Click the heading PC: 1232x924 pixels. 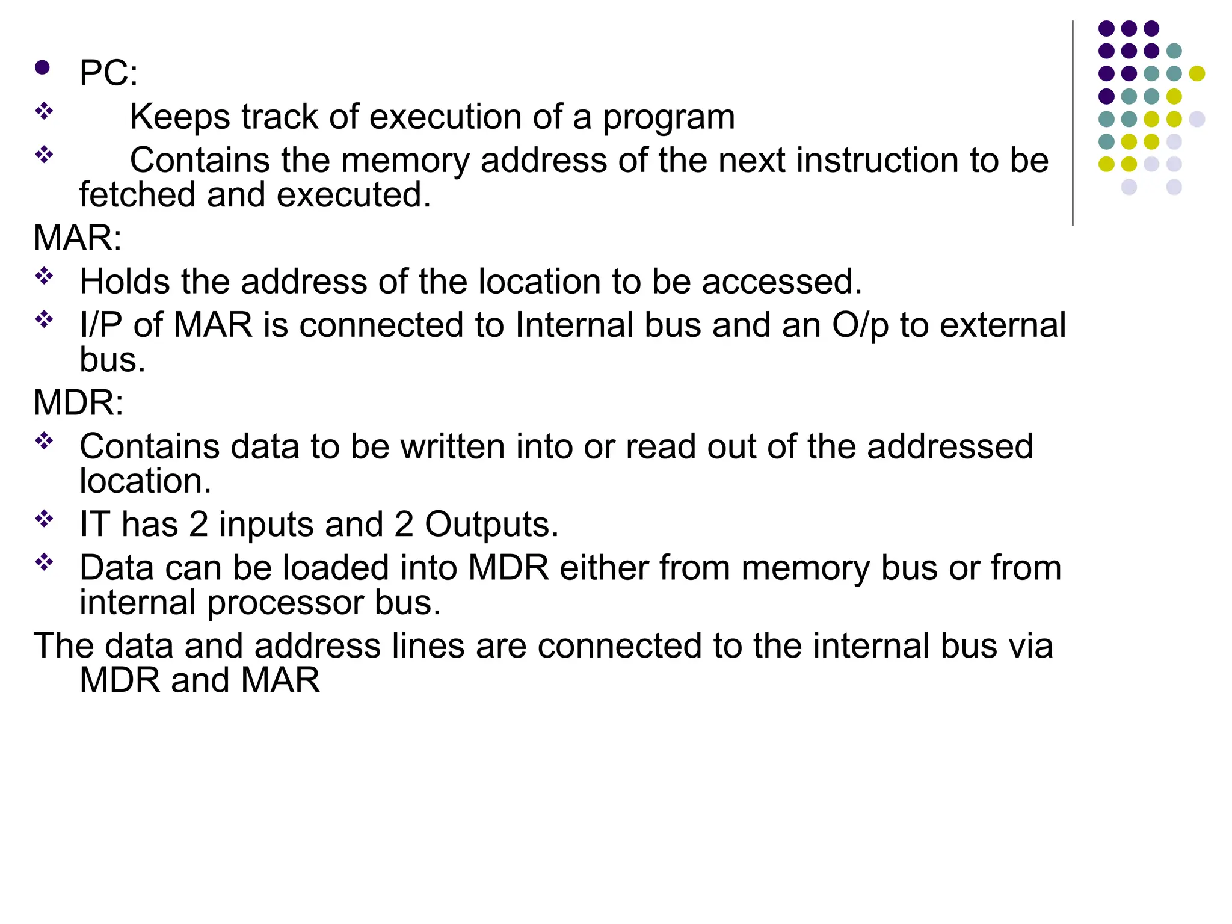click(x=108, y=73)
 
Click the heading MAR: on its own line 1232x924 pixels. click(x=78, y=238)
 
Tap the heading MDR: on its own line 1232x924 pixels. click(x=78, y=402)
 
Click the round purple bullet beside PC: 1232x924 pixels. click(x=42, y=67)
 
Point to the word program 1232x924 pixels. click(x=668, y=117)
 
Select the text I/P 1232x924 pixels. click(x=100, y=325)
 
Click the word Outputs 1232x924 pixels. click(x=491, y=524)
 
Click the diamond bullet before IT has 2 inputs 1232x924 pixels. click(x=44, y=518)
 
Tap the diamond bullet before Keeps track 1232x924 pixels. click(x=44, y=111)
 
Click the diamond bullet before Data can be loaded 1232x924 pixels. click(x=44, y=562)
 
